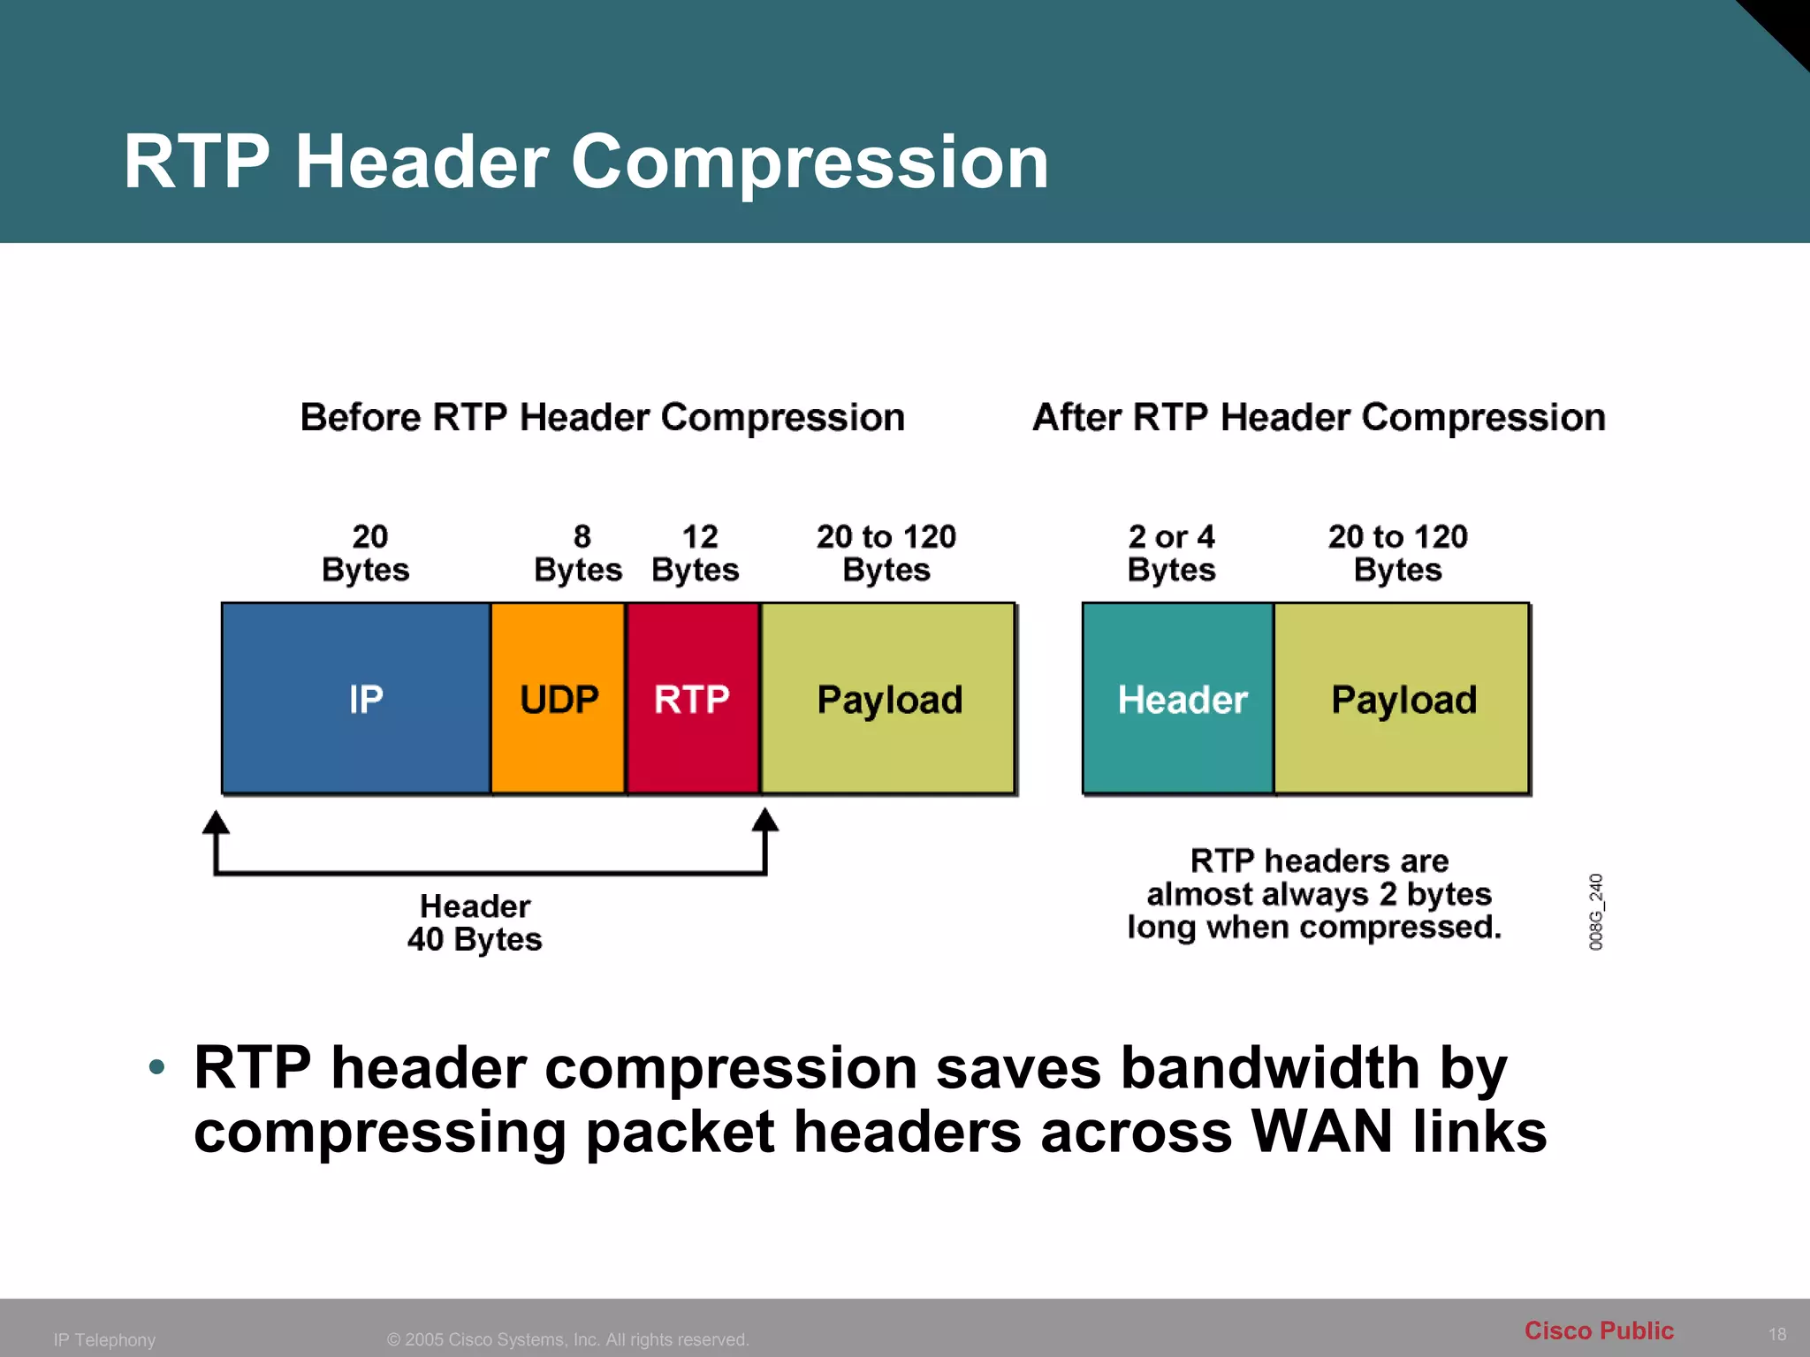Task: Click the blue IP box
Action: pos(356,699)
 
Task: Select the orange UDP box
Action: pos(559,699)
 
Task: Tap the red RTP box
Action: pos(693,699)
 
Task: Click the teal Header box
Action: pos(1179,699)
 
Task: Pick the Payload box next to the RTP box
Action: pos(888,699)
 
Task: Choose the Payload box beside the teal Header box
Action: pos(1403,699)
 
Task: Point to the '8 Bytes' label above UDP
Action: pos(579,554)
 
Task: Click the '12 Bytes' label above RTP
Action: pos(696,554)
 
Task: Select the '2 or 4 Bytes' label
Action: pos(1172,554)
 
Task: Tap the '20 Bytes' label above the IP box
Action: pos(367,554)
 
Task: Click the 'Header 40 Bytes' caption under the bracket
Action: pos(475,922)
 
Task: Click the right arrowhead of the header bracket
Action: pos(765,821)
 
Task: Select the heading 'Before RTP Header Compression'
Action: pos(603,417)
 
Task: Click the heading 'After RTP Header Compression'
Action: pos(1319,417)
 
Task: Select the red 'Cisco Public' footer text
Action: pos(1599,1330)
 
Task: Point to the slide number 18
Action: pos(1776,1334)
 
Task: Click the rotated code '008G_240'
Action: pos(1596,912)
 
